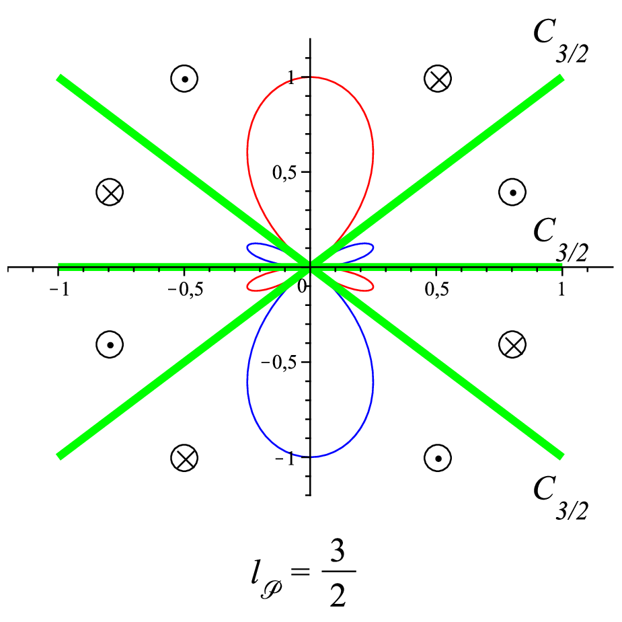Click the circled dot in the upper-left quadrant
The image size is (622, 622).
coord(184,79)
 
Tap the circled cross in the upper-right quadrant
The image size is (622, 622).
coord(438,79)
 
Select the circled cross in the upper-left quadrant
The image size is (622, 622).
coord(110,192)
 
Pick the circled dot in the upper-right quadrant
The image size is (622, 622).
coord(512,192)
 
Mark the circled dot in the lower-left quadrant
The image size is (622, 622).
coord(110,344)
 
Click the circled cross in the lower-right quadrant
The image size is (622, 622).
coord(512,344)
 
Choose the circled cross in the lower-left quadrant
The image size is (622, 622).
coord(184,458)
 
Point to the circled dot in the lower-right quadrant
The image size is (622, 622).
coord(438,458)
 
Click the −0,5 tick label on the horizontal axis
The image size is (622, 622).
coord(185,290)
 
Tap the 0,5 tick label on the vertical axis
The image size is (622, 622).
coord(284,172)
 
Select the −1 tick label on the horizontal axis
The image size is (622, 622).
coord(59,290)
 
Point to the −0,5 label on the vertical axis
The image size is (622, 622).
coord(278,362)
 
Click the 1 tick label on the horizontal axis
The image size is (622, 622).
coord(561,290)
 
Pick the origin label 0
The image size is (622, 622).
coord(303,286)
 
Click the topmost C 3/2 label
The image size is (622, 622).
coord(560,41)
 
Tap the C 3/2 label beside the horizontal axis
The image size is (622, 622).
coord(560,239)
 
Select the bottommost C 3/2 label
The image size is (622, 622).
coord(560,498)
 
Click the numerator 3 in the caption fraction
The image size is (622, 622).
coord(338,551)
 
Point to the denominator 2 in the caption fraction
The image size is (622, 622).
coord(338,594)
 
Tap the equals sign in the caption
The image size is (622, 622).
coord(300,572)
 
